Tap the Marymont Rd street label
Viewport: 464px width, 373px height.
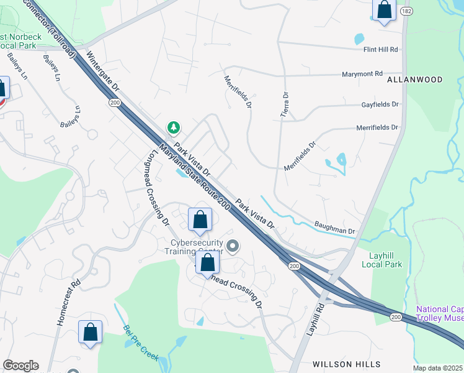tap(362, 74)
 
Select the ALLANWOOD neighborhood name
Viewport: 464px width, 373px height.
tap(415, 80)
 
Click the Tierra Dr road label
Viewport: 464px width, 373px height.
tap(286, 104)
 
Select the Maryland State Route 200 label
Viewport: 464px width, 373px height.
tap(195, 177)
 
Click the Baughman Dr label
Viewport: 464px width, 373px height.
tap(334, 231)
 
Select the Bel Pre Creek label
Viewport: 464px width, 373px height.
tap(141, 343)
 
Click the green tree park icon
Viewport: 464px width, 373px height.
tap(174, 127)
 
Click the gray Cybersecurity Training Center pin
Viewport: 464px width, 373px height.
tap(233, 247)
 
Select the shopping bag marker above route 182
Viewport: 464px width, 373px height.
tap(385, 10)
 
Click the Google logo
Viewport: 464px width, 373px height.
tap(20, 366)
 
